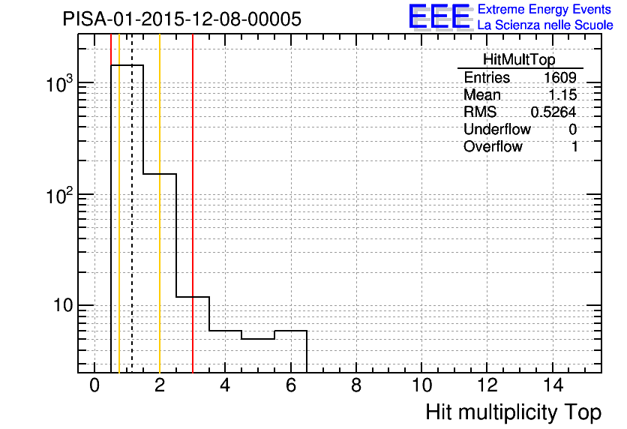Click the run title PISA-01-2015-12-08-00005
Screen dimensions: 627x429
pos(182,19)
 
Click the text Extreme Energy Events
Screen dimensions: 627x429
pos(544,9)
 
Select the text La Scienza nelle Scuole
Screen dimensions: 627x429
pos(545,25)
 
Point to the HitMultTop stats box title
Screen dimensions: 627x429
pos(519,59)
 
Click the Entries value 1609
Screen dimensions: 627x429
pos(559,77)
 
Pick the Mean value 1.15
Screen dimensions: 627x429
pos(562,94)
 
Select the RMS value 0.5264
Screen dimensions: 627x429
pos(553,112)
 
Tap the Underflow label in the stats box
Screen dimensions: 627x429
pos(497,129)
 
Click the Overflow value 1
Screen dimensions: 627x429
pos(574,147)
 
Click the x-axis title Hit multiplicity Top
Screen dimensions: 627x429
pos(514,412)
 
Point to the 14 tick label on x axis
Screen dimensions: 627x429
pos(553,385)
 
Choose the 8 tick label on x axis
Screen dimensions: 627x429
pos(356,385)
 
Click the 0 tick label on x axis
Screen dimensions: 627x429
pos(94,385)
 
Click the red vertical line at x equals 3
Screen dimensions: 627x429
pos(193,203)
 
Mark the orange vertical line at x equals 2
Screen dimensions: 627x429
pos(160,203)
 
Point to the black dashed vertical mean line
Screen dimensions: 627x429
pos(132,203)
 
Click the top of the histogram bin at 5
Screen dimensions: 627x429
pos(258,339)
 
